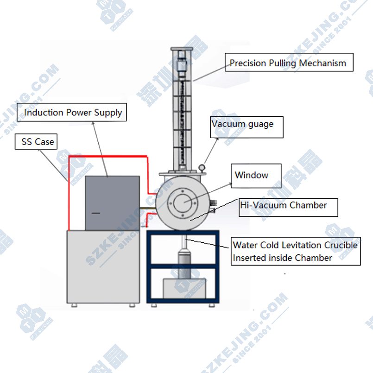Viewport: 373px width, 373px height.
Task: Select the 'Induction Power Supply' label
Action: pyautogui.click(x=73, y=112)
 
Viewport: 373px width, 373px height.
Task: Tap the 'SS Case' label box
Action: pyautogui.click(x=38, y=142)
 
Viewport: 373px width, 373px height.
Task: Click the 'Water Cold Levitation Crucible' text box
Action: pyautogui.click(x=295, y=252)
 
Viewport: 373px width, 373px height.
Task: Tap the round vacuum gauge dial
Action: pyautogui.click(x=202, y=168)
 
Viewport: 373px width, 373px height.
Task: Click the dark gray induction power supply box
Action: pyautogui.click(x=112, y=202)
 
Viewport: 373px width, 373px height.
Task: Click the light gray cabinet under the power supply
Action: pyautogui.click(x=103, y=267)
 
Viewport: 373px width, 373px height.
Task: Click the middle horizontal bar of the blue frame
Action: pyautogui.click(x=183, y=267)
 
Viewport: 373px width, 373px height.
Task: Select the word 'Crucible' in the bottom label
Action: pyautogui.click(x=340, y=245)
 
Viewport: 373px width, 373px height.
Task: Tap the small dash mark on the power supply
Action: pyautogui.click(x=95, y=212)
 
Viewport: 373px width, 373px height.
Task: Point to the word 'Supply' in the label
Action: pyautogui.click(x=108, y=113)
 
